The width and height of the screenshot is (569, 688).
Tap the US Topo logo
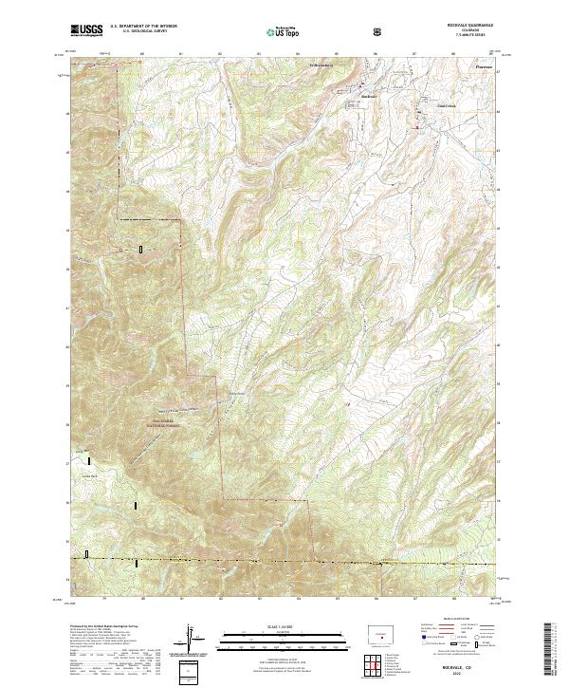pyautogui.click(x=284, y=31)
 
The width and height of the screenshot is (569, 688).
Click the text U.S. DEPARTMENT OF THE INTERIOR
pyautogui.click(x=143, y=26)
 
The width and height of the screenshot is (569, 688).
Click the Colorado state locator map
pyautogui.click(x=380, y=630)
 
